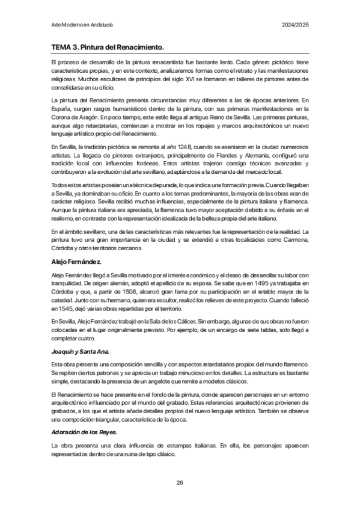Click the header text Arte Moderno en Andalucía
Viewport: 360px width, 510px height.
[x=82, y=25]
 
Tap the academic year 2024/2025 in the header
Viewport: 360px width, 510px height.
[x=296, y=25]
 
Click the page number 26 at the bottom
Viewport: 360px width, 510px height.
[x=180, y=483]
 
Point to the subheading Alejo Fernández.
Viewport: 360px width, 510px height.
[x=76, y=262]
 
